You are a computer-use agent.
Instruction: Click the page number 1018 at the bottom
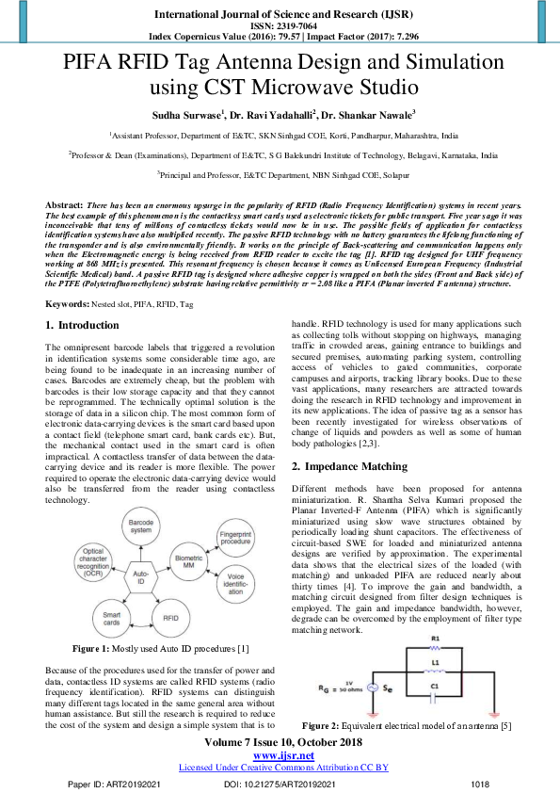point(481,784)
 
